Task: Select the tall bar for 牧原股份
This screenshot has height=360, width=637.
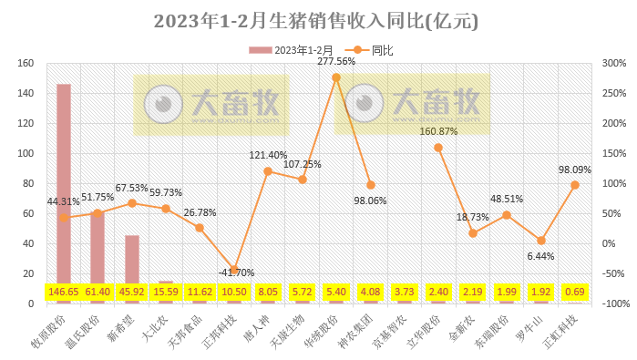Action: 64,182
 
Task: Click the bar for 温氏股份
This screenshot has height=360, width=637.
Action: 98,246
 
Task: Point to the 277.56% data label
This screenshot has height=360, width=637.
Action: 336,62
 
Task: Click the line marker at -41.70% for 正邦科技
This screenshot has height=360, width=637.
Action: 234,270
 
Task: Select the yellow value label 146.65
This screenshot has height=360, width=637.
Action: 64,293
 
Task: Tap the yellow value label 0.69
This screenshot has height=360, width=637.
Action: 575,293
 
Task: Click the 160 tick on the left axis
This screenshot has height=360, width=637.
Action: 26,64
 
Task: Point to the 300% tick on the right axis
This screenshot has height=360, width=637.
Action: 613,64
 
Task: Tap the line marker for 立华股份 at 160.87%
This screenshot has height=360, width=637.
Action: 438,148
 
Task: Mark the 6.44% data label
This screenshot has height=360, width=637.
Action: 541,257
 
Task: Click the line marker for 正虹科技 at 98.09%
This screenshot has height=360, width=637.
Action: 575,185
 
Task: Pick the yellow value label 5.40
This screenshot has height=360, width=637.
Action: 336,293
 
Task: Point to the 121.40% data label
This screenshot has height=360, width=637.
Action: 268,155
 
